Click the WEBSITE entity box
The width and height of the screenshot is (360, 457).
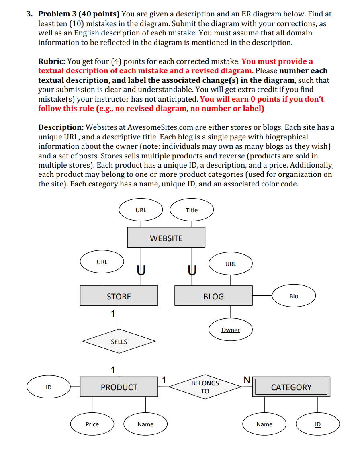point(166,238)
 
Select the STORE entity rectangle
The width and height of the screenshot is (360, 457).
point(119,296)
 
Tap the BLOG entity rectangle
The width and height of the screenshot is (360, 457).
point(213,296)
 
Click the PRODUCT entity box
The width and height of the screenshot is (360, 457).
point(119,387)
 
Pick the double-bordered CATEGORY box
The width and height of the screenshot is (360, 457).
point(291,387)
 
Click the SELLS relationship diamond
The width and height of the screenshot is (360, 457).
point(119,342)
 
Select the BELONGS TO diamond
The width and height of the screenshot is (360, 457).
point(205,387)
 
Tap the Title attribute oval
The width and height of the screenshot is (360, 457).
point(192,210)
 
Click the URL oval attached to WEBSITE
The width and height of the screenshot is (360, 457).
point(141,210)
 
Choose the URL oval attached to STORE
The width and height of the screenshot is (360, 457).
point(102,262)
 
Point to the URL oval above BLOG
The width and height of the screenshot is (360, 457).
point(231,264)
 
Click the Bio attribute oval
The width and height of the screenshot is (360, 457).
point(294,296)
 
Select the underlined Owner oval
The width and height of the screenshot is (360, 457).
point(231,330)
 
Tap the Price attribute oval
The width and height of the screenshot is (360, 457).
point(92,424)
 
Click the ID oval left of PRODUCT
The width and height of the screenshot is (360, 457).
point(49,387)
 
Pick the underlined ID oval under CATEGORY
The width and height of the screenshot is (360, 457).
point(317,424)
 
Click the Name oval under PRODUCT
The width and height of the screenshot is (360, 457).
point(145,424)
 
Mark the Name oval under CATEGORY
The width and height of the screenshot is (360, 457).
point(264,424)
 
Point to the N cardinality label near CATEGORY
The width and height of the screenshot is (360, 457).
point(247,379)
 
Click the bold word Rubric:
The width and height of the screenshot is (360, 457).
point(52,61)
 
